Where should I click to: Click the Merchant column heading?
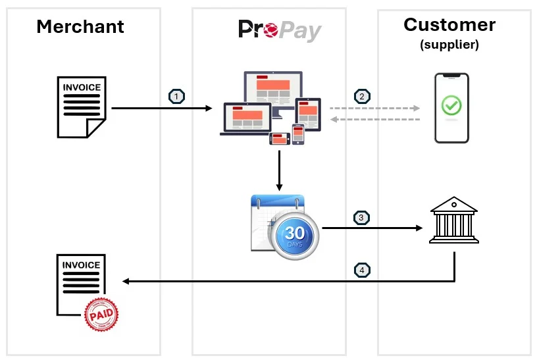click(x=80, y=26)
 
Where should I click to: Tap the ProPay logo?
click(x=280, y=30)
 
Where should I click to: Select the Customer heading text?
click(x=449, y=24)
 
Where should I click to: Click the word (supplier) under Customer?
click(x=449, y=45)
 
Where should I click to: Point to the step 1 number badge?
click(x=177, y=97)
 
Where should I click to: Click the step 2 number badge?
click(x=362, y=97)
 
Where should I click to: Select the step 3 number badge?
click(x=361, y=217)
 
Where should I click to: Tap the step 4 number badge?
click(x=362, y=270)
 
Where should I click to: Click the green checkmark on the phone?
click(x=451, y=105)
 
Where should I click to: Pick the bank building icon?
click(x=454, y=220)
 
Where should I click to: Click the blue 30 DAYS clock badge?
click(x=295, y=236)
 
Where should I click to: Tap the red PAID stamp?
click(x=101, y=314)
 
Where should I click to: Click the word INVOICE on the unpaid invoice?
click(x=82, y=88)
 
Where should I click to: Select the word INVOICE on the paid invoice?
click(x=81, y=265)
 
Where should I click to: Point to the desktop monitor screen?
click(x=273, y=88)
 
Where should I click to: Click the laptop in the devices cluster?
click(x=246, y=118)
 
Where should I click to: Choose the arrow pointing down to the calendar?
click(x=279, y=170)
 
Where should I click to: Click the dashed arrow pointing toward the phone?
click(x=374, y=108)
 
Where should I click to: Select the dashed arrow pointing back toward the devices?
click(x=375, y=119)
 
